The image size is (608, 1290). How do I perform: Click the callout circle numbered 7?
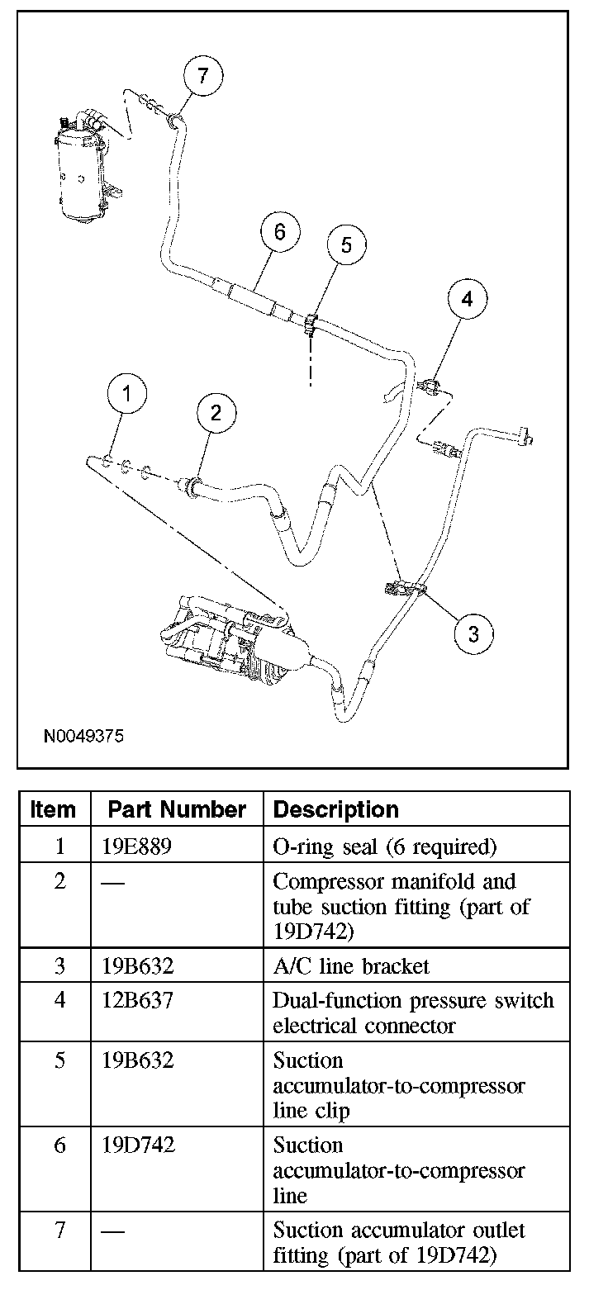pos(203,76)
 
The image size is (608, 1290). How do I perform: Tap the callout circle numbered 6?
pos(279,233)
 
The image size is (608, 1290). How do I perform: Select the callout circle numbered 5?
pos(346,244)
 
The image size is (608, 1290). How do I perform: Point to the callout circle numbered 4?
pos(468,300)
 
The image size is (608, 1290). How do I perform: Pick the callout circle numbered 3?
pos(473,633)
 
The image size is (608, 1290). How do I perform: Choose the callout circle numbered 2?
pos(216,413)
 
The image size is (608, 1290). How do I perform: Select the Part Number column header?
pos(177,809)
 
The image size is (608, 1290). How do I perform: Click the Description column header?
pos(335,809)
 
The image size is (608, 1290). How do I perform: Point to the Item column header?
pos(53,809)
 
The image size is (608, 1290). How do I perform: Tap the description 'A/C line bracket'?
pos(351,965)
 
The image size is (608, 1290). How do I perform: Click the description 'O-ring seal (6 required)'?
pos(384,847)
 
